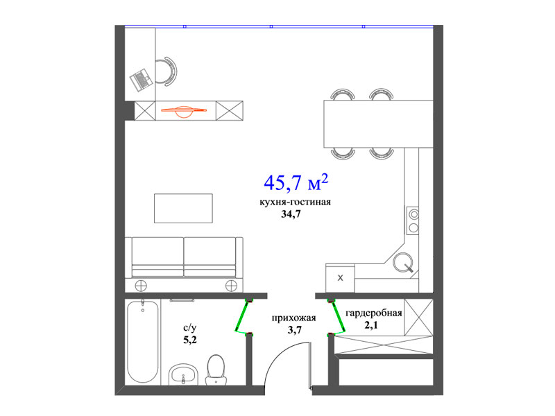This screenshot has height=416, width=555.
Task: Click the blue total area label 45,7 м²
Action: [296, 182]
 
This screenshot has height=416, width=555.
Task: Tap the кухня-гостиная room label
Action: [296, 202]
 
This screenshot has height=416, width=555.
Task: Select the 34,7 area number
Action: [291, 214]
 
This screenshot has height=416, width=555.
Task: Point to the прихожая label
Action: [293, 318]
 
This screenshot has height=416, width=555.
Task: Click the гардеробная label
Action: [373, 313]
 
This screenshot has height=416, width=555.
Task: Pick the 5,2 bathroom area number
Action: [190, 340]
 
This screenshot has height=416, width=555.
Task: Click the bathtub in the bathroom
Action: [143, 341]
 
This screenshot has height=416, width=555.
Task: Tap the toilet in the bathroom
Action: [216, 370]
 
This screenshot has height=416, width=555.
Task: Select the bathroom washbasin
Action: [183, 374]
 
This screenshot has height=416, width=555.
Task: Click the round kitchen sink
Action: [403, 263]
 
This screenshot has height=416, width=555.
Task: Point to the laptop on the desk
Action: [142, 80]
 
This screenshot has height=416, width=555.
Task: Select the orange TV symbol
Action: [184, 111]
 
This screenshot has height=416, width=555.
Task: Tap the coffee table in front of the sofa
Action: [183, 209]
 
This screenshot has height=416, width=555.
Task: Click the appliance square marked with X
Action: [340, 278]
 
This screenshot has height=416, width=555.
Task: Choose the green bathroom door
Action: [241, 317]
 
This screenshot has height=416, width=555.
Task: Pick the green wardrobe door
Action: [337, 317]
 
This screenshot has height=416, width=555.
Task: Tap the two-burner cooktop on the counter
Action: [413, 221]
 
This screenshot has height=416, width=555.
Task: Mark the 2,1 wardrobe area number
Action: [371, 324]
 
